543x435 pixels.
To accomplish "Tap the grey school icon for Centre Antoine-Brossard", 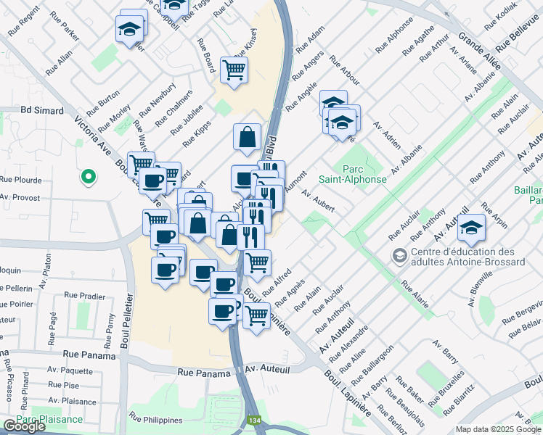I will pos(399,255).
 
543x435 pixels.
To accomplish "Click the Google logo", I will pos(24,426).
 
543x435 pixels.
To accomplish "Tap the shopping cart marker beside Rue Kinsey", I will pos(234,71).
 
